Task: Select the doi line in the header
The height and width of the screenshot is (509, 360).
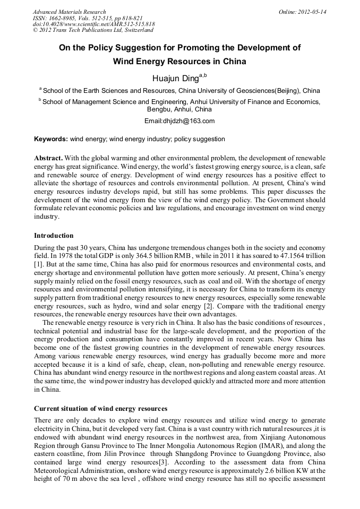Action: [x=93, y=24]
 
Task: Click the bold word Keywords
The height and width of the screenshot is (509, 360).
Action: [x=50, y=139]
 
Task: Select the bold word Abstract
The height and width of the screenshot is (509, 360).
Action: [x=49, y=159]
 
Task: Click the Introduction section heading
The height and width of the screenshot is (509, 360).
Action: [x=54, y=235]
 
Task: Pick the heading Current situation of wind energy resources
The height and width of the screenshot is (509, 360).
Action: [x=100, y=409]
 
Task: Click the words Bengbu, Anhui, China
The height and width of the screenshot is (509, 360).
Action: [x=179, y=109]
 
